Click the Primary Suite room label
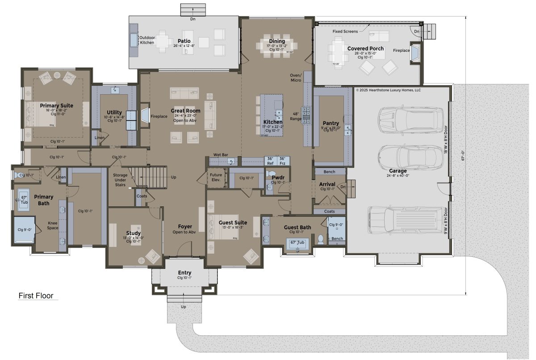tap(56, 106)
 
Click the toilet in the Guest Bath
tap(320, 240)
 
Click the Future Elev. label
tap(216, 177)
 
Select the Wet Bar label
tap(221, 155)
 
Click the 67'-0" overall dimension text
tap(464, 155)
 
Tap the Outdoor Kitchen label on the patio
tap(147, 40)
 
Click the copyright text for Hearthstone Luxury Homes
tap(388, 90)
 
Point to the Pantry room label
tap(331, 123)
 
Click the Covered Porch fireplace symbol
tap(415, 52)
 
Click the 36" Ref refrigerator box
tap(270, 161)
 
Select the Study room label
tap(133, 233)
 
